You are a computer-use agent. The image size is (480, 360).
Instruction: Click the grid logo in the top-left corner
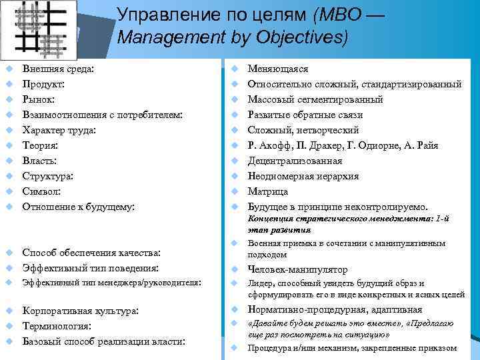pyautogui.click(x=40, y=27)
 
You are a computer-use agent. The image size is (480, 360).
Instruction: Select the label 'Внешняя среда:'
pyautogui.click(x=58, y=69)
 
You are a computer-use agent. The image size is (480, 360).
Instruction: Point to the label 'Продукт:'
pyautogui.click(x=44, y=84)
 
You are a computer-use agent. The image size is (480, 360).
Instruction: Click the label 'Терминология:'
pyautogui.click(x=57, y=326)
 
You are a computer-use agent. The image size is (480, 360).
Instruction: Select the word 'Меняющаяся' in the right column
pyautogui.click(x=278, y=69)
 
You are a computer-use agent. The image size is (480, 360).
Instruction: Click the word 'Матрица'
pyautogui.click(x=268, y=191)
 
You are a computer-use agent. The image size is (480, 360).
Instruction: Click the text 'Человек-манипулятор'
pyautogui.click(x=297, y=269)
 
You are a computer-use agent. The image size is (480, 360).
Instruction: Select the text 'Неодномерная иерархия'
pyautogui.click(x=303, y=176)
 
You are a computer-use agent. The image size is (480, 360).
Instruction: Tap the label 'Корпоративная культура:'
pyautogui.click(x=81, y=311)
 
